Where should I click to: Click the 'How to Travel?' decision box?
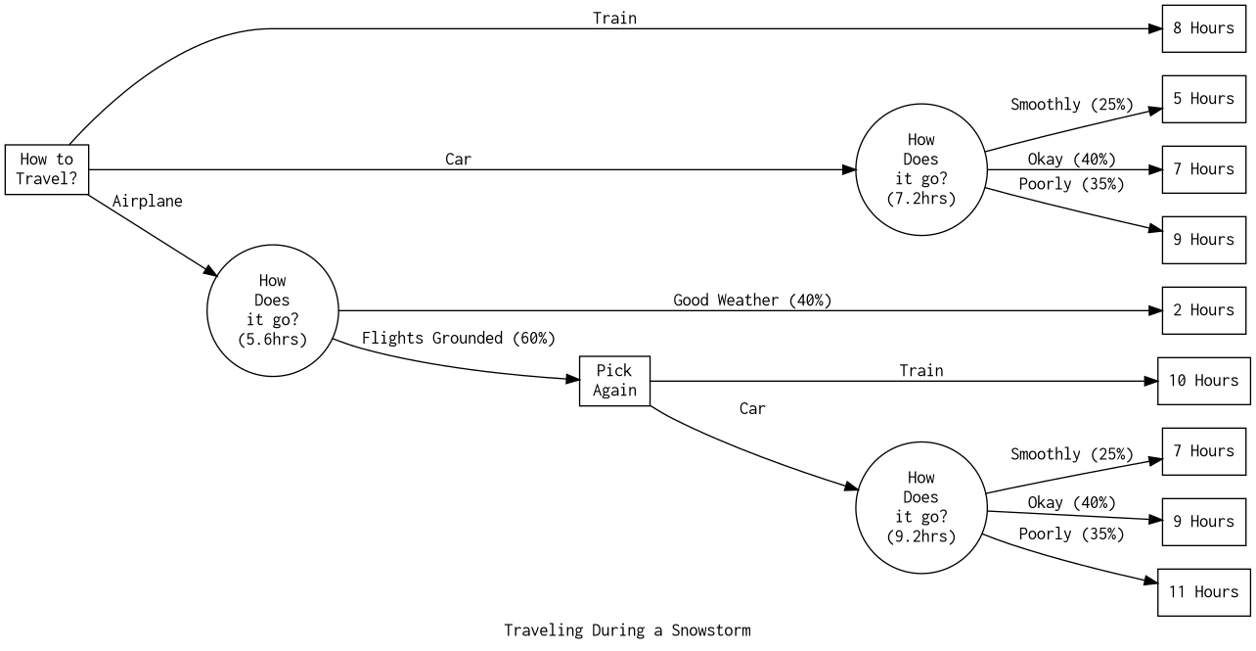46,169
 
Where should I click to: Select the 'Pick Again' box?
614,381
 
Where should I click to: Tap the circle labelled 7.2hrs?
920,169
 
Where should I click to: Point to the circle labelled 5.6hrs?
272,310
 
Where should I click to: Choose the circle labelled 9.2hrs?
920,507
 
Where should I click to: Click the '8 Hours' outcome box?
1203,28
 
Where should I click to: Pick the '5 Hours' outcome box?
1203,99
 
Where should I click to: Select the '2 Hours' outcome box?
1203,310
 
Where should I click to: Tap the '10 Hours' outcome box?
1203,381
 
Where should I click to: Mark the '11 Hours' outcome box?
1203,592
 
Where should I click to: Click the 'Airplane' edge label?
147,201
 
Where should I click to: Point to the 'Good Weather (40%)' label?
752,300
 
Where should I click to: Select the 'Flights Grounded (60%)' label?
458,338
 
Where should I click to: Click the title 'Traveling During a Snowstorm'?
627,629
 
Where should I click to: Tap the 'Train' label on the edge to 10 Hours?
921,370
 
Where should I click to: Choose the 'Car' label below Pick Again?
752,408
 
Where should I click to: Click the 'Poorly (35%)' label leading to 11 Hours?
1071,534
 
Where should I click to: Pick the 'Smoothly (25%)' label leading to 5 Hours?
1071,104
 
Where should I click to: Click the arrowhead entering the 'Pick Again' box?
572,379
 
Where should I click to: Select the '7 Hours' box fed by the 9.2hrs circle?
1203,451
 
